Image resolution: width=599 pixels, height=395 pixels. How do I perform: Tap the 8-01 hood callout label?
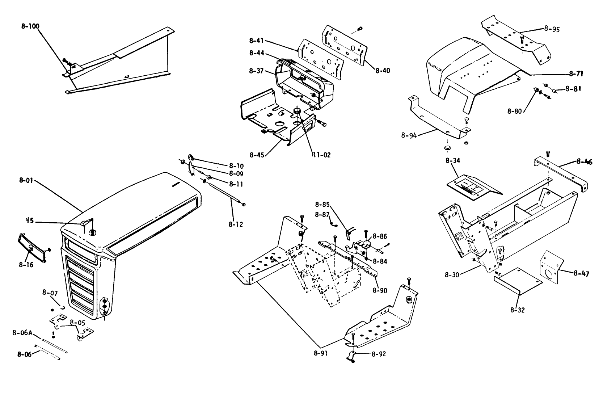26,180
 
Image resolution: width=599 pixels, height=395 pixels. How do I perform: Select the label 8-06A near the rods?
22,333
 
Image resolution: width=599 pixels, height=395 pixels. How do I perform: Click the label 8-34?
453,160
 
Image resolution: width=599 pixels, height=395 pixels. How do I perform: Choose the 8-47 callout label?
581,274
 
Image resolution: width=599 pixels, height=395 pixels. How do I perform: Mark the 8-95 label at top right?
552,29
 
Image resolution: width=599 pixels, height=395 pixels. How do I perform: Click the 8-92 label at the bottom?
378,354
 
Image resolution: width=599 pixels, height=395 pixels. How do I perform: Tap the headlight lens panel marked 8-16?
31,247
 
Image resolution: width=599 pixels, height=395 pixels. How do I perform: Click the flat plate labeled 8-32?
518,281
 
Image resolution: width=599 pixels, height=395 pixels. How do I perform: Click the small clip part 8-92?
352,356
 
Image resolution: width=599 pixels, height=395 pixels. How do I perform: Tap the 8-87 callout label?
322,215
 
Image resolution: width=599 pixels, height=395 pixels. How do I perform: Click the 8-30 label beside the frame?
452,274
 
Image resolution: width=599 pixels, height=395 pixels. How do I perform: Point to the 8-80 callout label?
514,111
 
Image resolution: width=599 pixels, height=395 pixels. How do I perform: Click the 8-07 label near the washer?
50,292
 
